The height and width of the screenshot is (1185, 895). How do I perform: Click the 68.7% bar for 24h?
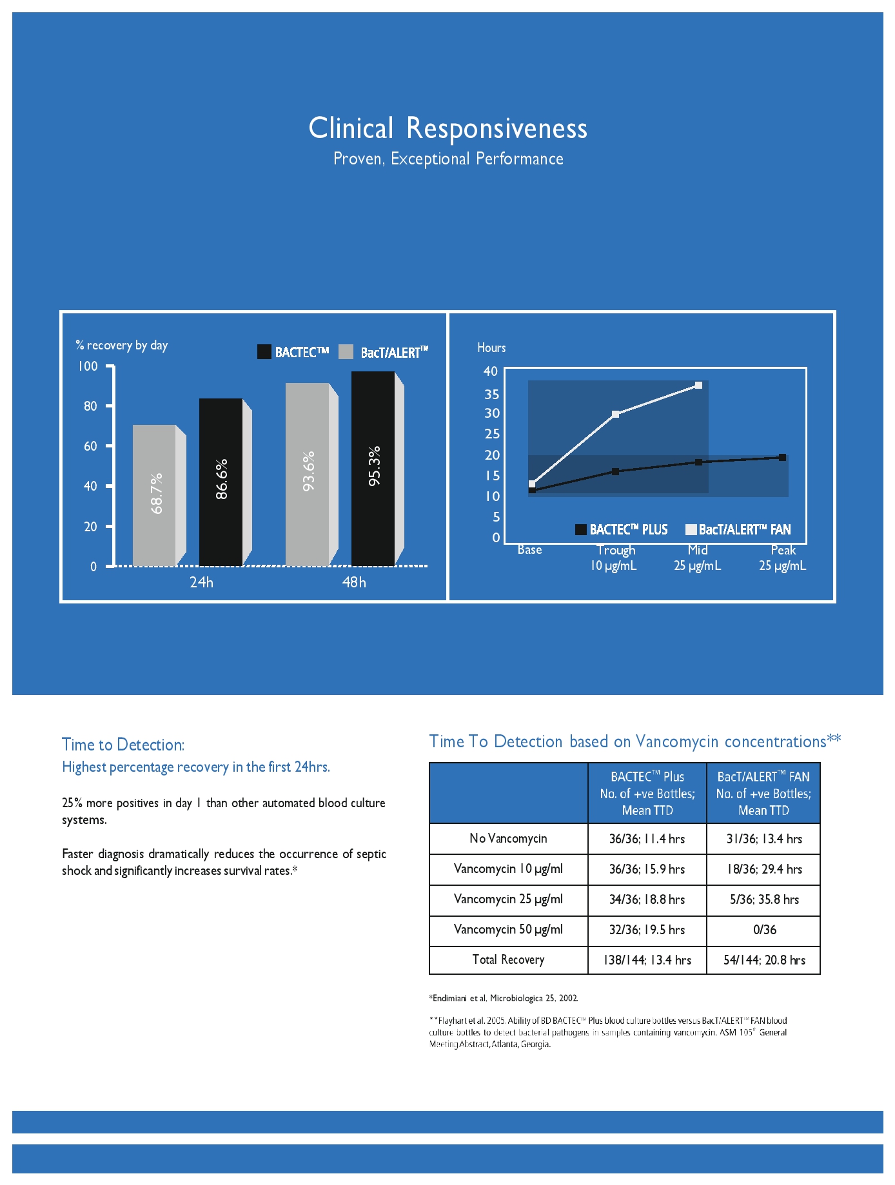pyautogui.click(x=155, y=495)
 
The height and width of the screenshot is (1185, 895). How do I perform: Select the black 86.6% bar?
pyautogui.click(x=221, y=482)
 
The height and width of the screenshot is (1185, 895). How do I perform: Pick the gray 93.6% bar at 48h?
pyautogui.click(x=308, y=474)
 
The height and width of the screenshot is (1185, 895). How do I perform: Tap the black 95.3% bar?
pyautogui.click(x=373, y=468)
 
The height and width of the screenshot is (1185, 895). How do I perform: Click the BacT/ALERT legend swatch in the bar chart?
pyautogui.click(x=346, y=352)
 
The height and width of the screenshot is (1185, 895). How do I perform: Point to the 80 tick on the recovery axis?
pyautogui.click(x=90, y=406)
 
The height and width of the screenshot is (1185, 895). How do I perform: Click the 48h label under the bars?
pyautogui.click(x=354, y=582)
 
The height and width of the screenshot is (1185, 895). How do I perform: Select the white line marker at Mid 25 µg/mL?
pyautogui.click(x=698, y=386)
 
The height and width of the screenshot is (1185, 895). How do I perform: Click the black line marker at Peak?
pyautogui.click(x=782, y=458)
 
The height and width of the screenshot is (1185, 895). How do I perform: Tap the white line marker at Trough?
pyautogui.click(x=616, y=414)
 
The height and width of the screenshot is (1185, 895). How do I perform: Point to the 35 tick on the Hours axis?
pyautogui.click(x=492, y=394)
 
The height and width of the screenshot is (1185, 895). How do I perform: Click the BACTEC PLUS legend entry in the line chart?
pyautogui.click(x=622, y=529)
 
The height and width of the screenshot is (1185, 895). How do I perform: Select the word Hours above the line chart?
pyautogui.click(x=491, y=348)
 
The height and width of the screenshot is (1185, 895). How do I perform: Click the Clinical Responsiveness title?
pyautogui.click(x=448, y=128)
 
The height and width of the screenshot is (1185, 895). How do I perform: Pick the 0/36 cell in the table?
pyautogui.click(x=764, y=930)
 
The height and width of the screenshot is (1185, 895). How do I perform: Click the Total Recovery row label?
pyautogui.click(x=508, y=960)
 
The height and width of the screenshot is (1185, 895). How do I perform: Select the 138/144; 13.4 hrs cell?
pyautogui.click(x=647, y=960)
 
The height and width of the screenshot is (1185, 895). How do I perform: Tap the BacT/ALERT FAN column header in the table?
pyautogui.click(x=763, y=793)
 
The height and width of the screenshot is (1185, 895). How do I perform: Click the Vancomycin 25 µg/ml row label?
pyautogui.click(x=508, y=899)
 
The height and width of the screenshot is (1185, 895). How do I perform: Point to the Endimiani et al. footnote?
pyautogui.click(x=504, y=998)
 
